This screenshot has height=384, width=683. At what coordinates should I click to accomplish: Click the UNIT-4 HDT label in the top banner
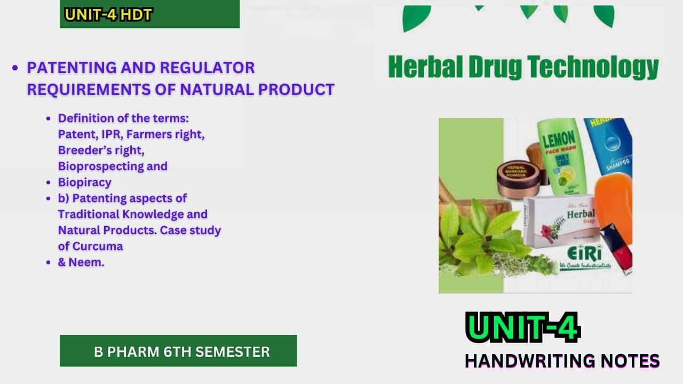108,15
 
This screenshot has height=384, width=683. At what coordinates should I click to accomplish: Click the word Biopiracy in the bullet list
84,182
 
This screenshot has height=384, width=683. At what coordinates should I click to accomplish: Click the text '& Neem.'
81,262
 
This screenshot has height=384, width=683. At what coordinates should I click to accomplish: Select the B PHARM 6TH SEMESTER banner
178,351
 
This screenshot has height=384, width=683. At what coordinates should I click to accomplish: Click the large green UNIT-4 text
522,327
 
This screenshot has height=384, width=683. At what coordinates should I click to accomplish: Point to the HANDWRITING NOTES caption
562,361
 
